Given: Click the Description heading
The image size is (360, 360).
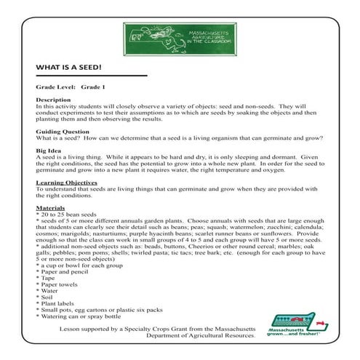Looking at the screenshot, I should (52, 100).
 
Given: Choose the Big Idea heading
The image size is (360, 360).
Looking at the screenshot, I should (48, 152).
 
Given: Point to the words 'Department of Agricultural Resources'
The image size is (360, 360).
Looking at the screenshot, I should (201, 335).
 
